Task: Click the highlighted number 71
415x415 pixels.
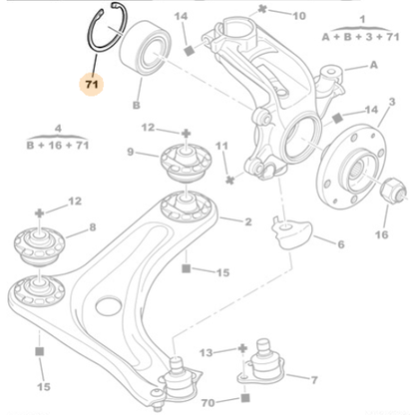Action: click(91, 87)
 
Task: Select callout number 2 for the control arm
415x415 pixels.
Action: click(247, 221)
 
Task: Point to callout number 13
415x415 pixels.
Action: click(204, 352)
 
